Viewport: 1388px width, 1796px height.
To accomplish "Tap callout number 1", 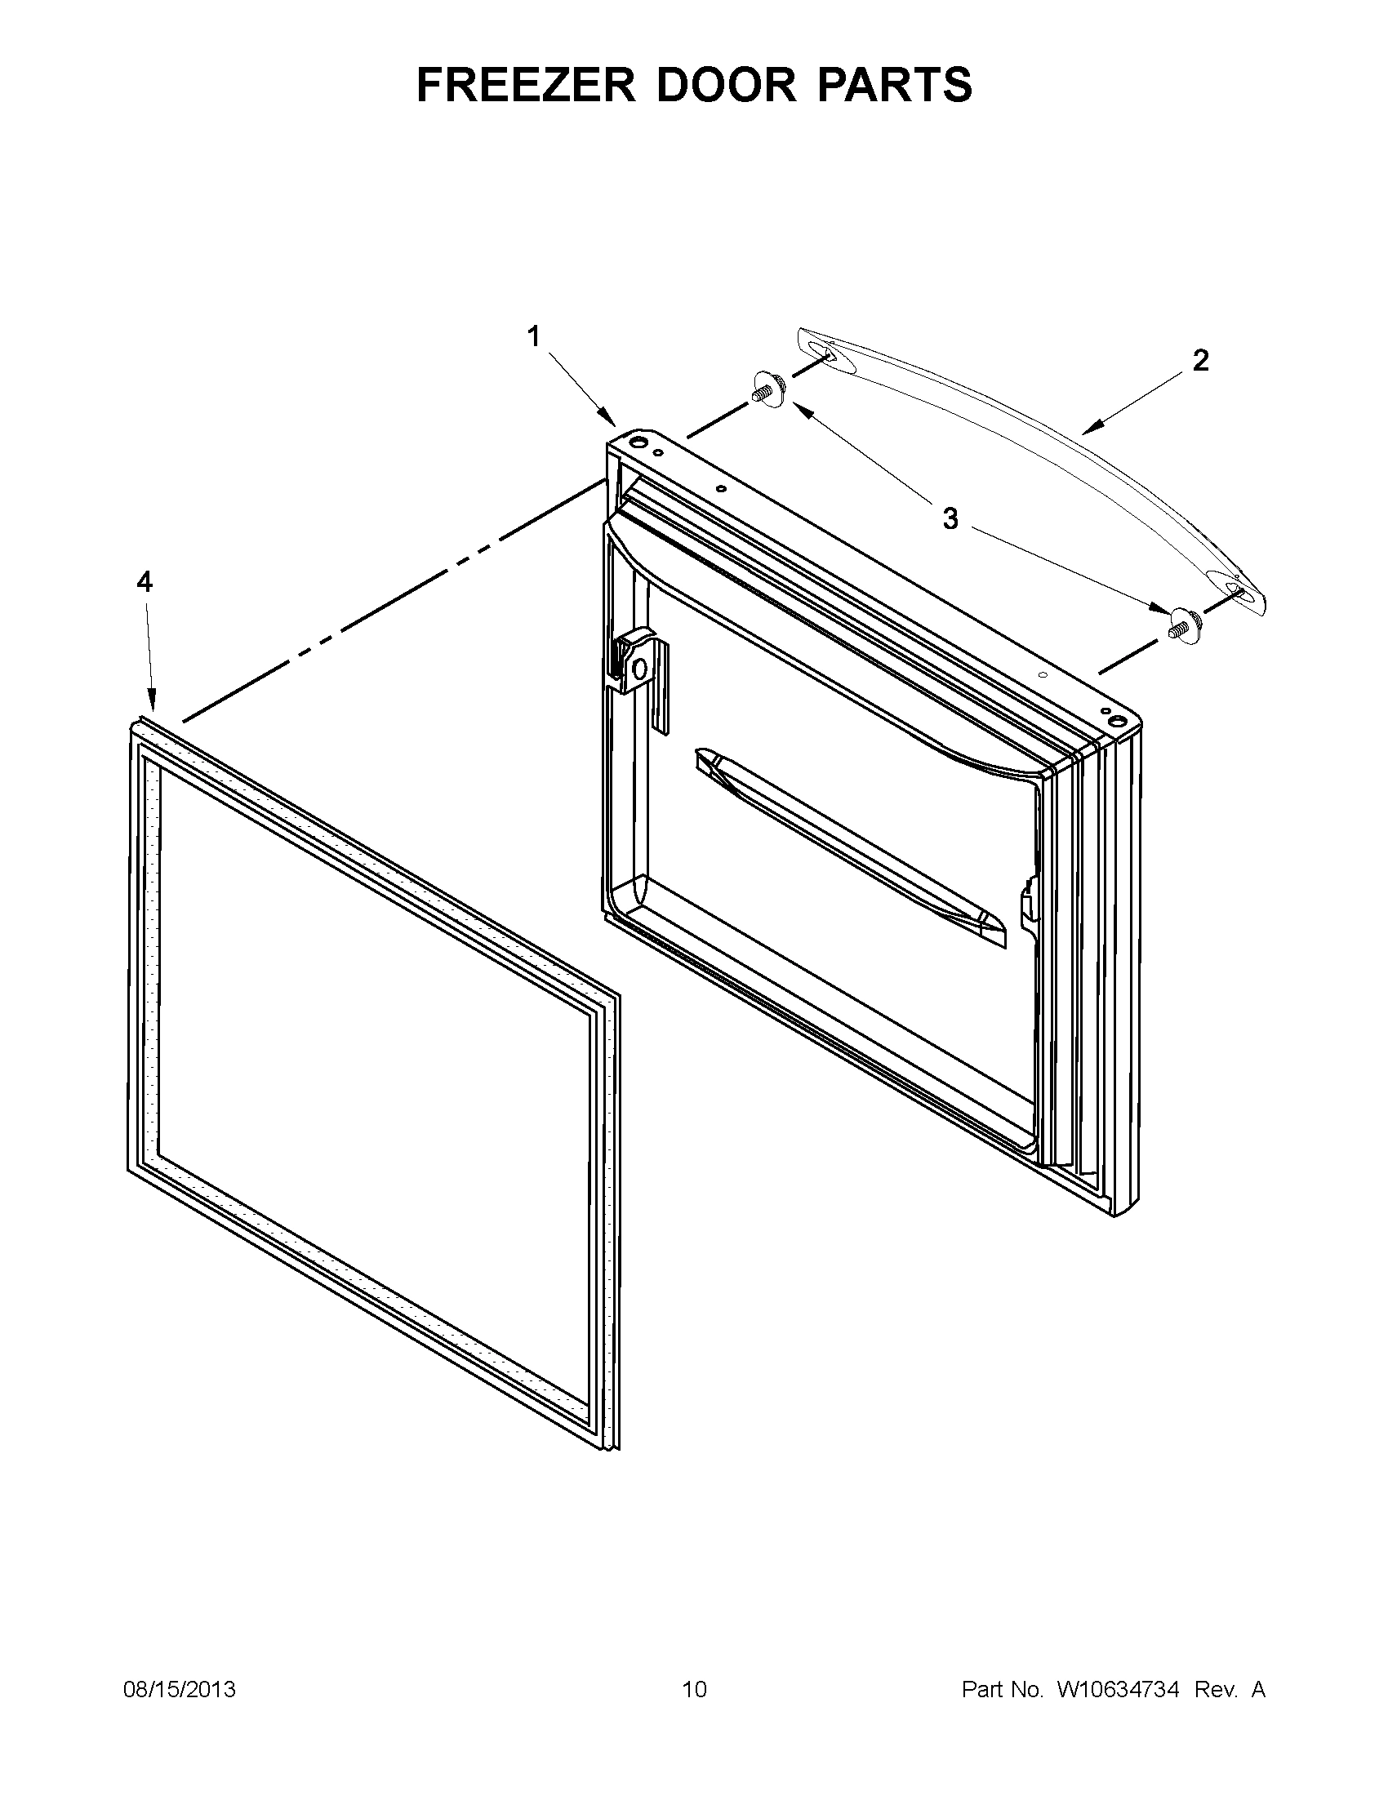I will pos(534,336).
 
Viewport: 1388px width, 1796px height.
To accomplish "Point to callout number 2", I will pos(1200,360).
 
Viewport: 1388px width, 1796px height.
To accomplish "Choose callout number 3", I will pos(950,519).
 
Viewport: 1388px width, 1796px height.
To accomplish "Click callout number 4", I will pos(144,582).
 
